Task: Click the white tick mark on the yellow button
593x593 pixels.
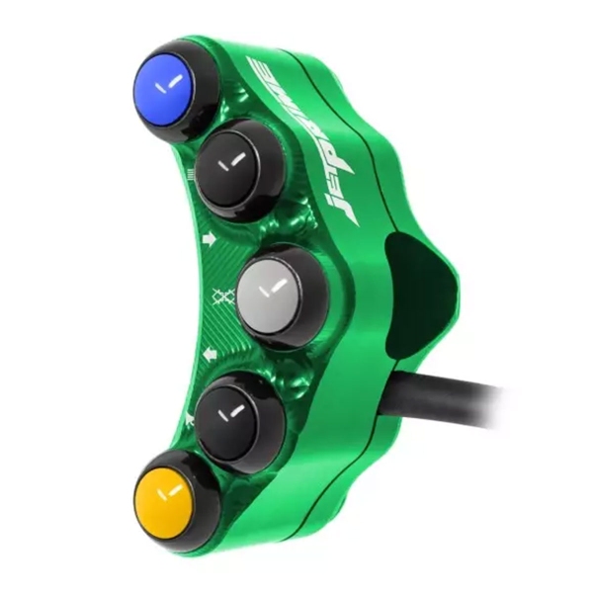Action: coord(169,490)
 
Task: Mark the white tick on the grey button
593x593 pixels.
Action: coord(273,288)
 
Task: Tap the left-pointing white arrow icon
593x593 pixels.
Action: coord(210,352)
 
